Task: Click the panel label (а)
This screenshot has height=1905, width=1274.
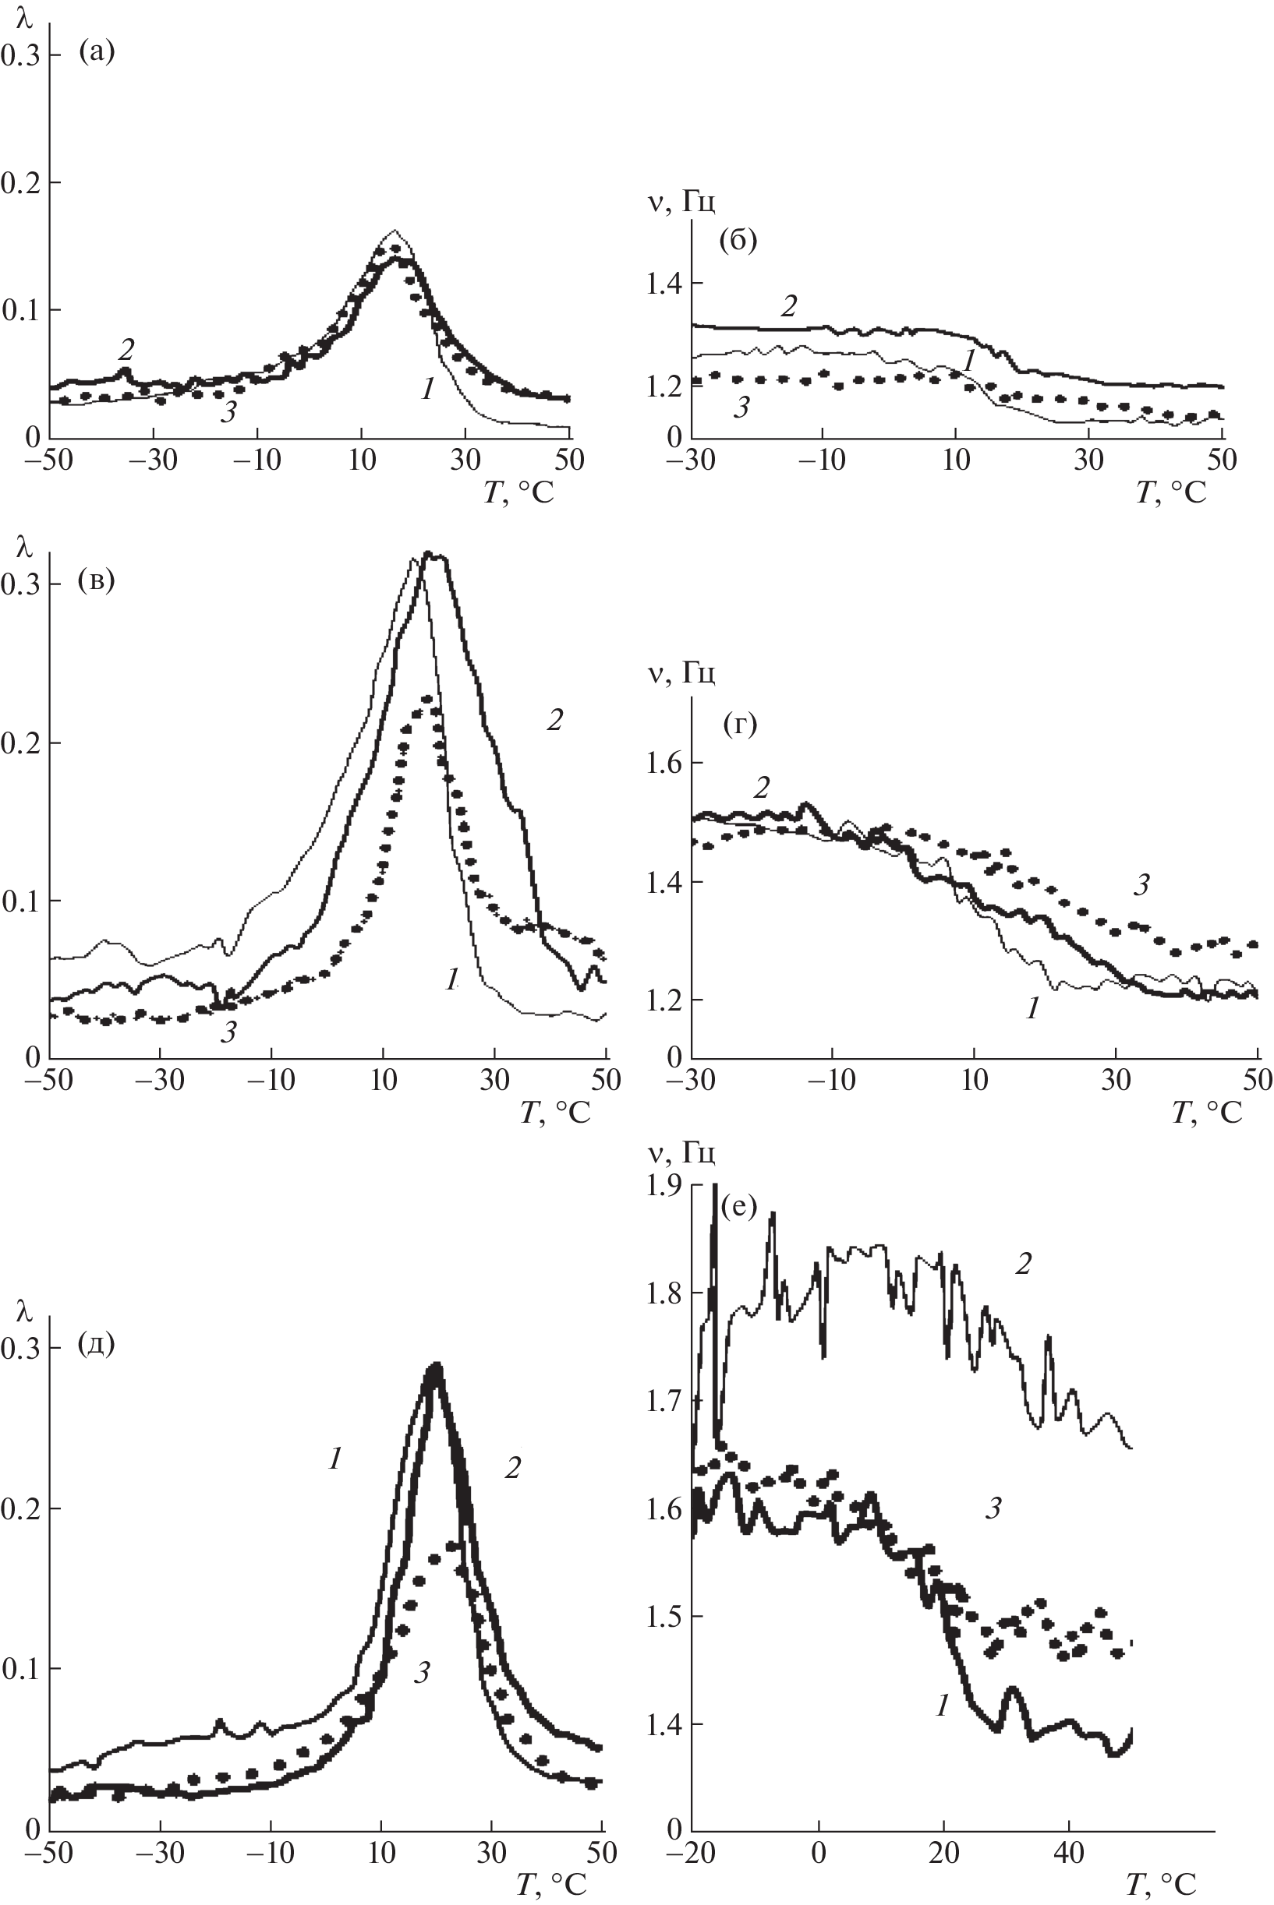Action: click(x=97, y=53)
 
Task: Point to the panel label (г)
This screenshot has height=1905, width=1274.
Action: click(x=739, y=725)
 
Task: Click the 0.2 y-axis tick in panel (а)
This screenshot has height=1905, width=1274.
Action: click(x=19, y=182)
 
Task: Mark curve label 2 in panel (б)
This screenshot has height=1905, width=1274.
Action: click(x=788, y=306)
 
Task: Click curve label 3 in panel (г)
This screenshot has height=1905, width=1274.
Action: click(x=1141, y=886)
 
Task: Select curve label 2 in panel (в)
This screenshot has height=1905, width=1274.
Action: click(x=554, y=719)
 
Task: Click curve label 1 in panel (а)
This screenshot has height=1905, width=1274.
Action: click(x=427, y=389)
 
